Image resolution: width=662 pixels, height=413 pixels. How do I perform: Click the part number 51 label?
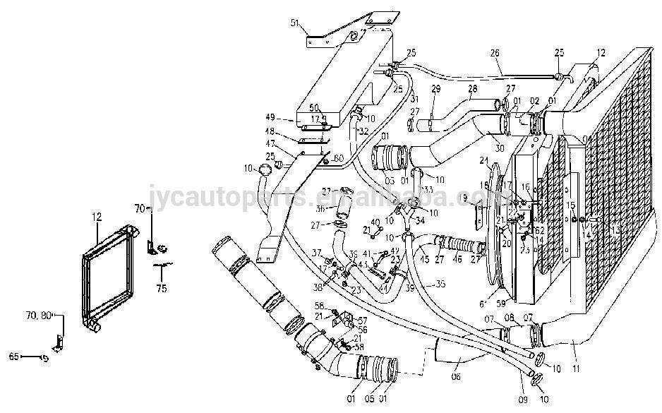(294, 23)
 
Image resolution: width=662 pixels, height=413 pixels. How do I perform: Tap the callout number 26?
(494, 52)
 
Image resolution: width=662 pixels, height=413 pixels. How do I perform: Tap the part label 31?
(414, 98)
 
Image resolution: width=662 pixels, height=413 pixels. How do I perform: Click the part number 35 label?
(440, 285)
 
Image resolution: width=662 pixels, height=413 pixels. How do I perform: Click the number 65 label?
(13, 357)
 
